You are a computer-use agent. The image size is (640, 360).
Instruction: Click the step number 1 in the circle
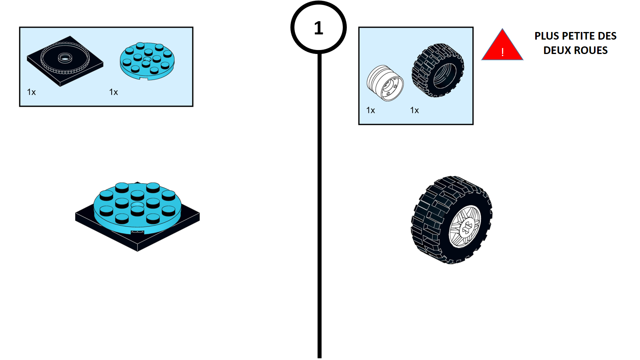point(318,28)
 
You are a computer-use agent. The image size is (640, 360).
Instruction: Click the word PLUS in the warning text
point(547,36)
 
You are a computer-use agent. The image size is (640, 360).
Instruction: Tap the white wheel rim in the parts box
point(385,83)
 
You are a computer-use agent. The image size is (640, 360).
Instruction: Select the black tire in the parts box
point(438,70)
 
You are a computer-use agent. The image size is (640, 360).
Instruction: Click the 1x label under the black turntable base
point(32,92)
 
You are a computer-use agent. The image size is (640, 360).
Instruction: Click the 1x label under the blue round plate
point(114,92)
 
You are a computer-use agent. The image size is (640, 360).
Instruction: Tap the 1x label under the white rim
point(371,110)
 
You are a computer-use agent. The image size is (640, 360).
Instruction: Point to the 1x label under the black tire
point(414,110)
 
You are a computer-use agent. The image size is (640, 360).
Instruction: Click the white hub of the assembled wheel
point(466,227)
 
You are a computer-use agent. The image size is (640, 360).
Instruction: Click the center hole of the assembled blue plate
point(137,205)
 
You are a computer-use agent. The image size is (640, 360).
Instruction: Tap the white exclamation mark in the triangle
point(502,52)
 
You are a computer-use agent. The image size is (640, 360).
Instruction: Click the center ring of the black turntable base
point(64,58)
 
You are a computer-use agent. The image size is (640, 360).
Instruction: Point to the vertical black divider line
point(320,200)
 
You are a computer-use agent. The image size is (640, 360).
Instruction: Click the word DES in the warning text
point(607,36)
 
